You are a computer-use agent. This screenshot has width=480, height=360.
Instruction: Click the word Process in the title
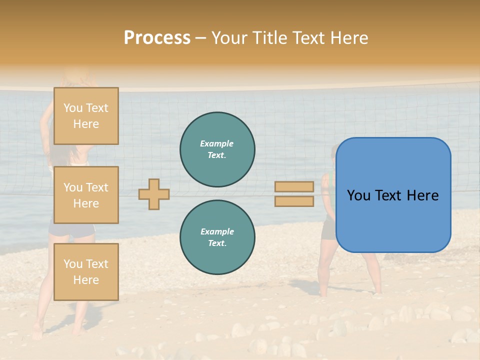coord(157,38)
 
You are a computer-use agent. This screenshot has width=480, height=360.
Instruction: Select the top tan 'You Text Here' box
coord(86,116)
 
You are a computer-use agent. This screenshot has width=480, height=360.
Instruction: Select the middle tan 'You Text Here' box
coord(86,195)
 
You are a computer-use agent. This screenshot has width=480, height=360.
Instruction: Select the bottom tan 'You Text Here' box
coord(86,271)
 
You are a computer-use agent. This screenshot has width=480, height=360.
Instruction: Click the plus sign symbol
coord(154,194)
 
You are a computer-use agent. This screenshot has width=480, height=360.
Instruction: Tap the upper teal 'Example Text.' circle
coord(217,149)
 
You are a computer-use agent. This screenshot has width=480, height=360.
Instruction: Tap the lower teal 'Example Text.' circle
coord(217,237)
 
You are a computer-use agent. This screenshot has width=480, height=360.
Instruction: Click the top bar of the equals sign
coord(294,186)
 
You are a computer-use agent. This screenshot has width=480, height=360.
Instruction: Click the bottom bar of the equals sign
coord(294,201)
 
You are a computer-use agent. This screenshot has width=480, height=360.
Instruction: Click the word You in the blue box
coord(358,195)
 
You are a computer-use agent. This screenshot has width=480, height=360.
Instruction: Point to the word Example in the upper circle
coord(217,143)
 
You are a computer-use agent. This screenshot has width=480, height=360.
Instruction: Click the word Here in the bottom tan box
coord(86,280)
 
